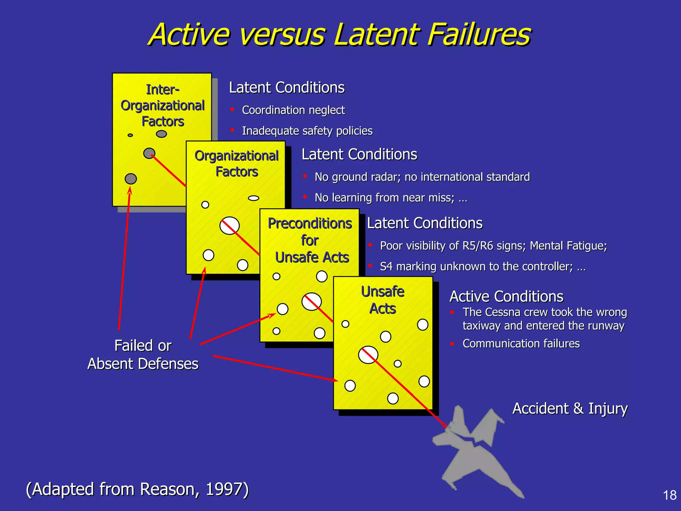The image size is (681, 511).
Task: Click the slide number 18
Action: point(669,495)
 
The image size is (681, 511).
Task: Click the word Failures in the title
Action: point(479,35)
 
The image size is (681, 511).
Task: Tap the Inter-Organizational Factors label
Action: point(162,105)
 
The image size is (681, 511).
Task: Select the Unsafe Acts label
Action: point(383,300)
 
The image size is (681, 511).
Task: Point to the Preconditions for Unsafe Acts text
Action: point(310,240)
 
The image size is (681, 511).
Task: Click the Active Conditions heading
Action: point(506,296)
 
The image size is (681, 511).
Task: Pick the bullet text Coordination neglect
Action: point(293,110)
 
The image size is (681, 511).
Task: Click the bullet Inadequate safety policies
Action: point(307,131)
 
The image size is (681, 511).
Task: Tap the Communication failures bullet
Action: point(521,344)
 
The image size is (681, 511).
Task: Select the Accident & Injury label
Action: point(570,409)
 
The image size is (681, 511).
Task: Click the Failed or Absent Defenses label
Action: point(143,355)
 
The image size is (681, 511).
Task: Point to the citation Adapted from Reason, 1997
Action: point(137,489)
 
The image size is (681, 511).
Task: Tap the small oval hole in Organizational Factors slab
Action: point(253,198)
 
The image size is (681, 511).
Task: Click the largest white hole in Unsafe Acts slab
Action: point(368,355)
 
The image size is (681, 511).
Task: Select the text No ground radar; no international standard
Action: point(422,177)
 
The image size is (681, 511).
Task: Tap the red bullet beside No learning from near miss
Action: point(305,197)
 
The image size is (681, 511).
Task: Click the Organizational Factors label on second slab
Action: point(236,164)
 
